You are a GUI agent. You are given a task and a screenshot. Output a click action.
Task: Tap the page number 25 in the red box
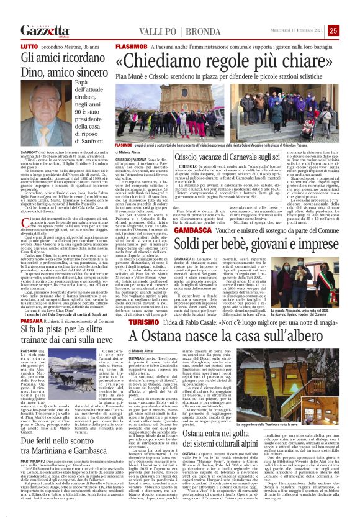pyautogui.click(x=351, y=30)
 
